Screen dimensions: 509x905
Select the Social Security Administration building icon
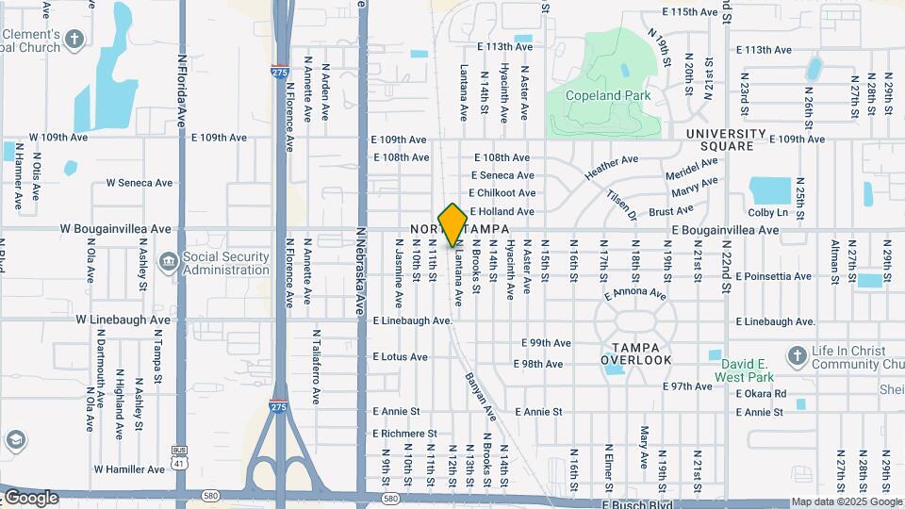(x=168, y=260)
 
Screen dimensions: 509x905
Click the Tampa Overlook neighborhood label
(x=636, y=352)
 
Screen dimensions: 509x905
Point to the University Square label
(x=732, y=140)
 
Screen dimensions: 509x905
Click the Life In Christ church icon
(x=798, y=355)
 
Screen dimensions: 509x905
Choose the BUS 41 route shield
(x=179, y=452)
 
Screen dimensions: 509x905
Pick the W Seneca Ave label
(x=140, y=183)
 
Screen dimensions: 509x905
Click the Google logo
(x=31, y=498)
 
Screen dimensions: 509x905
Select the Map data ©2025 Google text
(x=846, y=502)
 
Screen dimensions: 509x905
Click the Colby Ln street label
(x=766, y=213)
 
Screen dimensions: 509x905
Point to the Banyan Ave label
(x=480, y=394)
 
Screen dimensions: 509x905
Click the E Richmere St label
(x=404, y=434)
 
